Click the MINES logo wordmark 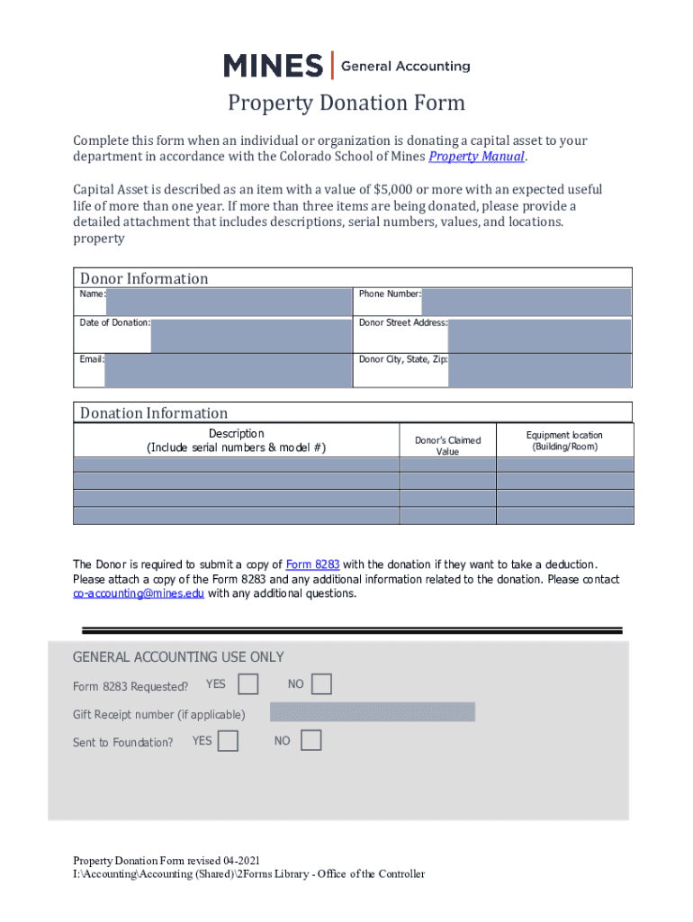click(x=273, y=66)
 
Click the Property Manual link click(x=476, y=158)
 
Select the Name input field click(x=228, y=303)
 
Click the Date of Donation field click(x=250, y=335)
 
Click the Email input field click(x=228, y=370)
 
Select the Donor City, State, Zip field click(x=540, y=370)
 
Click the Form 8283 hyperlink click(x=312, y=565)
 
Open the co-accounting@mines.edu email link click(x=139, y=594)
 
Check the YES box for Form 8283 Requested click(x=248, y=684)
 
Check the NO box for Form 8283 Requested click(x=321, y=684)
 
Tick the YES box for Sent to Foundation click(x=229, y=741)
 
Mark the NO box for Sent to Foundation click(x=310, y=741)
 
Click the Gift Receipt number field click(x=372, y=713)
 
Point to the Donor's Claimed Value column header click(x=447, y=446)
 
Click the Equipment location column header click(x=564, y=440)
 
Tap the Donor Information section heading click(x=144, y=279)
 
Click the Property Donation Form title click(x=346, y=103)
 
